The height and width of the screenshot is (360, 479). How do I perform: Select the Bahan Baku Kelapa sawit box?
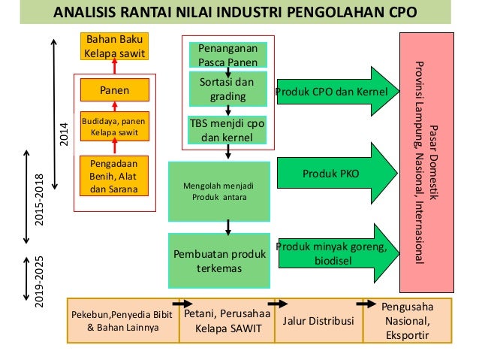[114, 47]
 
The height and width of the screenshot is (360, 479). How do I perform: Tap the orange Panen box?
[114, 90]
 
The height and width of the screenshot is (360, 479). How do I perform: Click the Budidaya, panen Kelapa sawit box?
[114, 126]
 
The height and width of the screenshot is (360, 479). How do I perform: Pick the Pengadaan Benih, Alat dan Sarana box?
[114, 175]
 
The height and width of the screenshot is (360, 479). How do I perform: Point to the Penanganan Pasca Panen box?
[227, 53]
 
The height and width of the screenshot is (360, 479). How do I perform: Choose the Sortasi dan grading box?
[227, 89]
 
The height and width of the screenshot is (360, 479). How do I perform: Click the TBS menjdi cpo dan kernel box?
[227, 130]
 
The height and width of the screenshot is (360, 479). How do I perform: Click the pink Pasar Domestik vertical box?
[427, 162]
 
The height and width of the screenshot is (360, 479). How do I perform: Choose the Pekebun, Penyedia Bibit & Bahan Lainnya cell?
[123, 321]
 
